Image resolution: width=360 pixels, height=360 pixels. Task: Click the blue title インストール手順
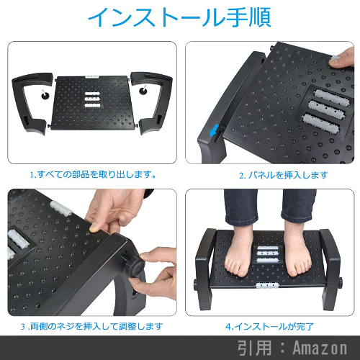pos(179,17)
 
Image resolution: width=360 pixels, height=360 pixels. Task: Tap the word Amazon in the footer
pos(320,348)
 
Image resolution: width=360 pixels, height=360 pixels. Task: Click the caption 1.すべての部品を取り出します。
pos(93,174)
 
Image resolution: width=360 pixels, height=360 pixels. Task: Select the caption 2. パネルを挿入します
pos(284,175)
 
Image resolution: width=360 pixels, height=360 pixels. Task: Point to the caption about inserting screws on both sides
pos(91,326)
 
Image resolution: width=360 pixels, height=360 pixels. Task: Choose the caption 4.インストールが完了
pos(269,326)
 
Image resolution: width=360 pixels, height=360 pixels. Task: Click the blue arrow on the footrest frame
pos(214,130)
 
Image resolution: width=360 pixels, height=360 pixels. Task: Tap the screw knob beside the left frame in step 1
pos(45,94)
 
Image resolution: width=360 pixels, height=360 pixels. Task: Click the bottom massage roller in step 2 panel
pos(321,123)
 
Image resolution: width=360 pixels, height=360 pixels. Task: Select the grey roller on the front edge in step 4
pos(268,286)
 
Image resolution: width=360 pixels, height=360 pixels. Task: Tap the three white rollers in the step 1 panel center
pos(92,99)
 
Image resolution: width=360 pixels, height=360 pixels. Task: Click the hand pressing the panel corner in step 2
pos(342,58)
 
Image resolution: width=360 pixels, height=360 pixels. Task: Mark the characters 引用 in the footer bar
pos(255,348)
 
